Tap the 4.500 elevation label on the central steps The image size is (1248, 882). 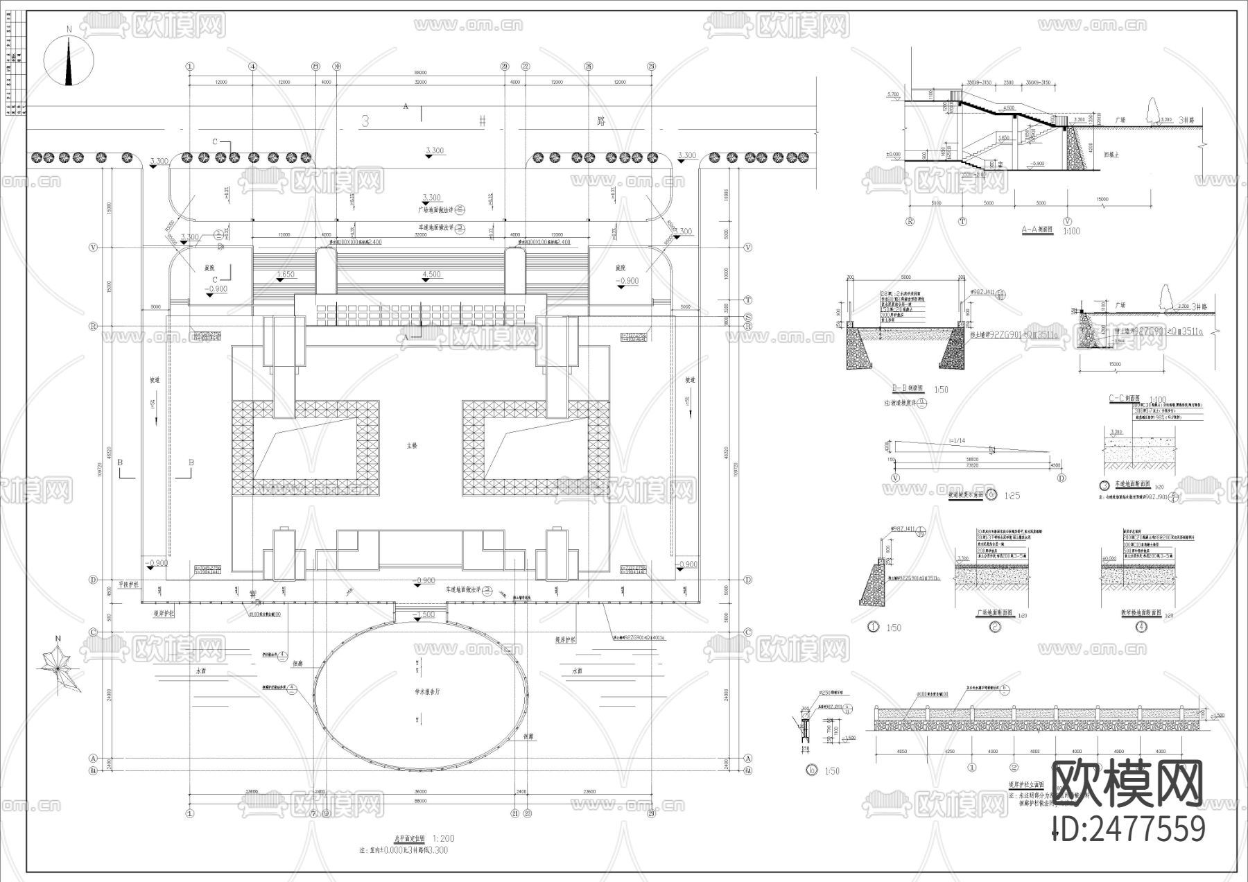tap(431, 275)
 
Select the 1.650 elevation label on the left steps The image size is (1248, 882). tap(285, 275)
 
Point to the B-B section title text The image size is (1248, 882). tap(908, 389)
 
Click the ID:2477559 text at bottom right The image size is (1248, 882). tap(1129, 829)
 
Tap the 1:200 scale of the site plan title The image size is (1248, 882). tap(443, 839)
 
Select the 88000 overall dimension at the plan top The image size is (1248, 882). tap(420, 72)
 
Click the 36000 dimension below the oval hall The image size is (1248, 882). tap(420, 791)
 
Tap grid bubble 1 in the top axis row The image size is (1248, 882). tap(189, 66)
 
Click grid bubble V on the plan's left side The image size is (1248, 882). tap(94, 247)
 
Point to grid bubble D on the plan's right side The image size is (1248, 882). tap(747, 580)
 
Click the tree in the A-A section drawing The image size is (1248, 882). tap(1153, 112)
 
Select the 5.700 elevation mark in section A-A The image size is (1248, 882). tap(893, 94)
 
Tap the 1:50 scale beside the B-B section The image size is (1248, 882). tap(941, 390)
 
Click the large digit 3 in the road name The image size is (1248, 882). tap(365, 121)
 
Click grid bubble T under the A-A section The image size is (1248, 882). tap(962, 222)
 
